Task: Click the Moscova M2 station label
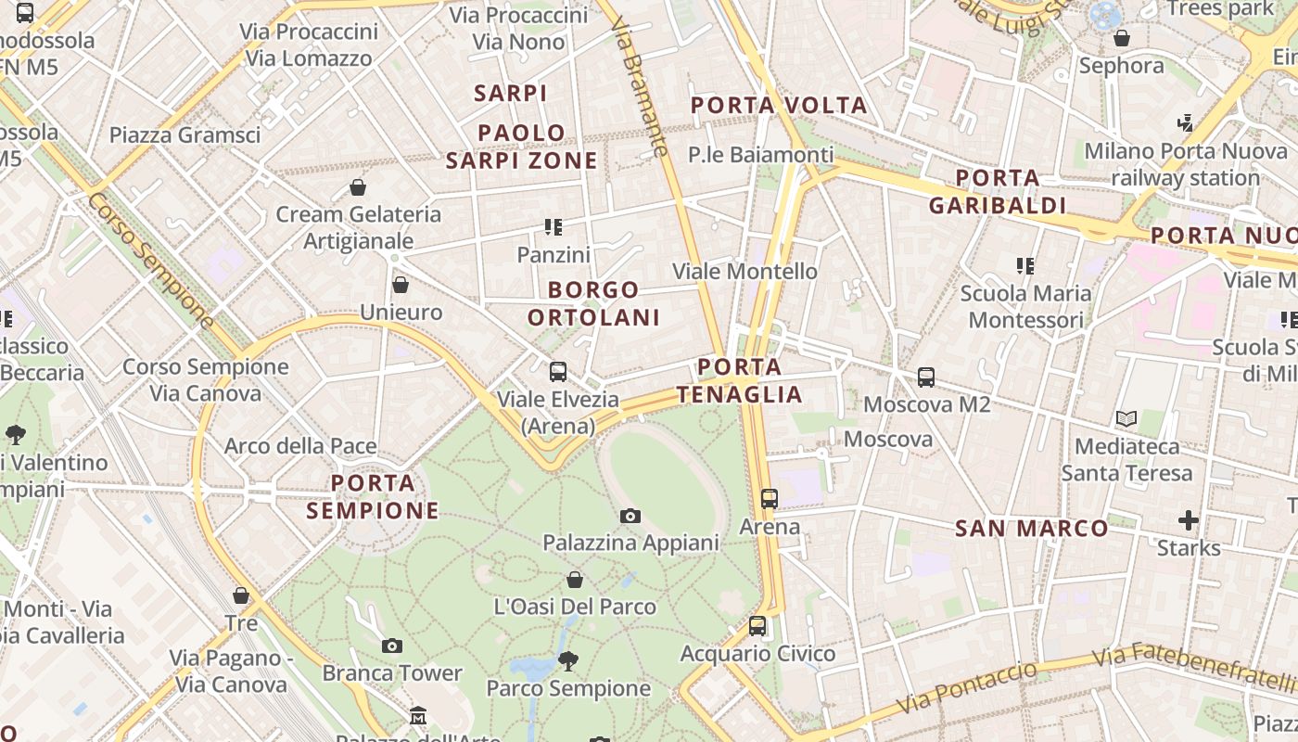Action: (926, 404)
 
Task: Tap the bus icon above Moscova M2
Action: (926, 377)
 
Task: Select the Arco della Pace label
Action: (300, 446)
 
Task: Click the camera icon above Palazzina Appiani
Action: (630, 516)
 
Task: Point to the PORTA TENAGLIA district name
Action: (739, 381)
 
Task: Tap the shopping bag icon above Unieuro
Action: (401, 285)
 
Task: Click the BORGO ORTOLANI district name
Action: (593, 303)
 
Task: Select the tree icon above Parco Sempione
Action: (568, 661)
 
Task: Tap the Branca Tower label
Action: (392, 672)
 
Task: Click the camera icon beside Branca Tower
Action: (392, 646)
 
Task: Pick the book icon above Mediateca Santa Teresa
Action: (1126, 419)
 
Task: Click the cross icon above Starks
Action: (1189, 520)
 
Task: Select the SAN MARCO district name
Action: (1032, 529)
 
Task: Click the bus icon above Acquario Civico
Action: (757, 626)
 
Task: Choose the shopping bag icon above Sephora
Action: (1122, 38)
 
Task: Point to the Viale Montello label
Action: (744, 272)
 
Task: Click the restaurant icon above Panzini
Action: (554, 227)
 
